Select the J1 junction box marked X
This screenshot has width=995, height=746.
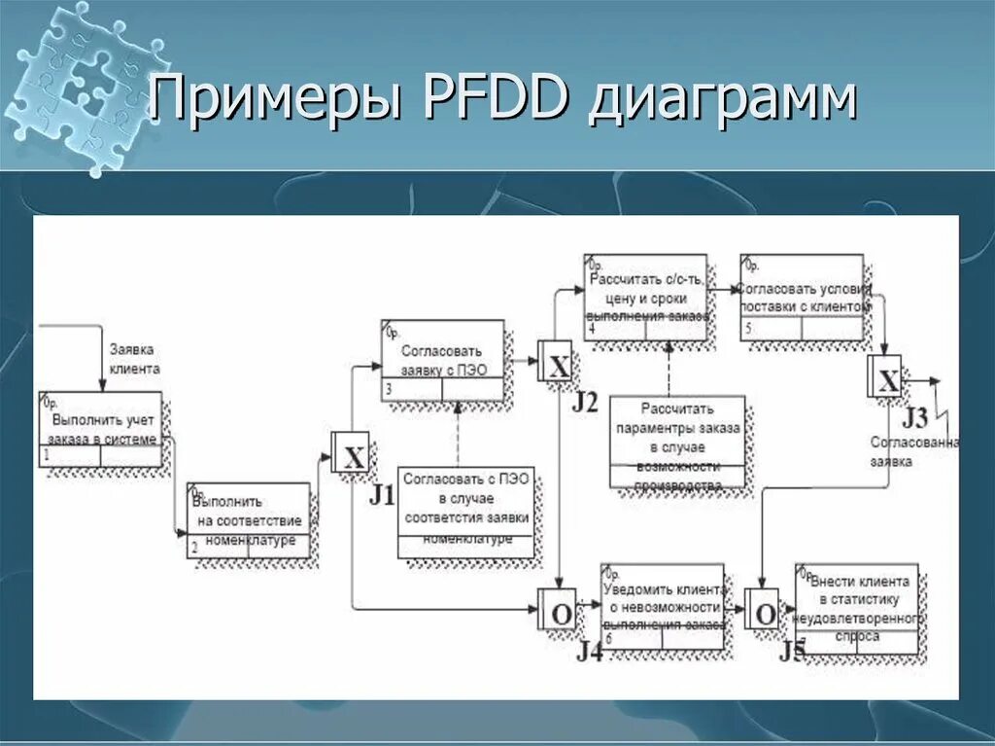tap(351, 453)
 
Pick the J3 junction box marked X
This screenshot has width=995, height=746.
tap(887, 377)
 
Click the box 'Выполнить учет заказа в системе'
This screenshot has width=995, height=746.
tap(101, 429)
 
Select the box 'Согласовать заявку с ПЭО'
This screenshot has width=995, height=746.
tap(443, 360)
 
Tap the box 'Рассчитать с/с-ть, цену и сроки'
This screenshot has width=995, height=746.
tap(645, 297)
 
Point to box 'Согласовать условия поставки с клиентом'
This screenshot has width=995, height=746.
tap(802, 297)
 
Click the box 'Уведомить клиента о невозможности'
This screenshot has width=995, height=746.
tap(662, 606)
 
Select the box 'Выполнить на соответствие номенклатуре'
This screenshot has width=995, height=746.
tap(249, 520)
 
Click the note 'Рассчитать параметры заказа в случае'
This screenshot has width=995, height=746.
tap(678, 442)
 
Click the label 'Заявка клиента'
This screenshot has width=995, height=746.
tap(133, 358)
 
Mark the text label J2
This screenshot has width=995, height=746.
tap(585, 401)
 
